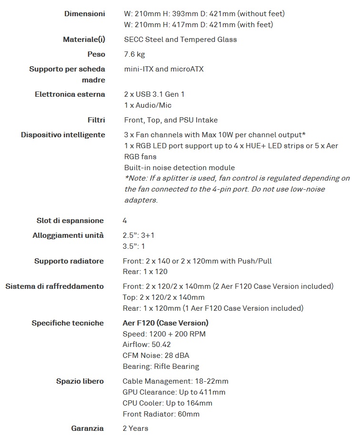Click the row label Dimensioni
click(85, 14)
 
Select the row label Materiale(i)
click(84, 40)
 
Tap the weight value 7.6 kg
click(134, 54)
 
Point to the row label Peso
click(96, 54)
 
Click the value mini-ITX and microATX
click(164, 69)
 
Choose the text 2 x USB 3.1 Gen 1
click(154, 94)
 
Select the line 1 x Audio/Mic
click(148, 105)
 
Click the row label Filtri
click(96, 120)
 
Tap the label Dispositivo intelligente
click(63, 135)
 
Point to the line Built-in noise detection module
click(180, 168)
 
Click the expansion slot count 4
click(125, 221)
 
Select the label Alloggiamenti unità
click(69, 235)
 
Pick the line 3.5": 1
click(134, 246)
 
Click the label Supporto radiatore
click(69, 261)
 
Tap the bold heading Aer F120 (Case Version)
click(165, 323)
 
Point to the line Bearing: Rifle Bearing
click(160, 367)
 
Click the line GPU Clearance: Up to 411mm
click(174, 392)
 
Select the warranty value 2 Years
click(135, 428)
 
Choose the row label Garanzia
click(87, 428)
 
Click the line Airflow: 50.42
click(147, 345)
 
